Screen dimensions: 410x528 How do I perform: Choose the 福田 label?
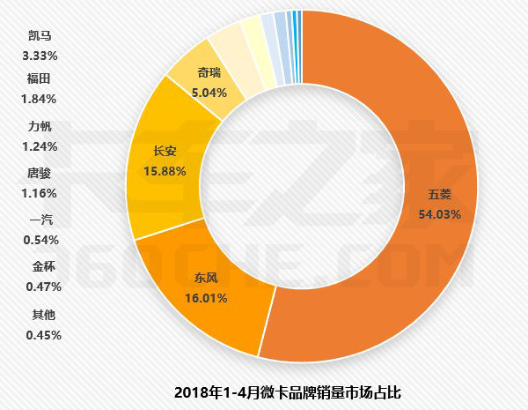pos(40,78)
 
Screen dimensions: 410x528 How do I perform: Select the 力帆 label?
pos(40,125)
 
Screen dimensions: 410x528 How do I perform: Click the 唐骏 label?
pos(40,173)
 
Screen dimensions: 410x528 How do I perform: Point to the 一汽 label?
pos(40,220)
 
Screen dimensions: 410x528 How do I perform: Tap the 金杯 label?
pos(40,265)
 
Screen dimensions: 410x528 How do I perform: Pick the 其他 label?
pos(40,313)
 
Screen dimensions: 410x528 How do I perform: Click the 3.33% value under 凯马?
pos(40,56)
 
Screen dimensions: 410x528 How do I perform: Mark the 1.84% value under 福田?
pos(40,99)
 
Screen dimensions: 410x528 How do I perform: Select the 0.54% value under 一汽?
pos(40,240)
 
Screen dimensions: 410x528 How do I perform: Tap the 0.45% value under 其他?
pos(40,334)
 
